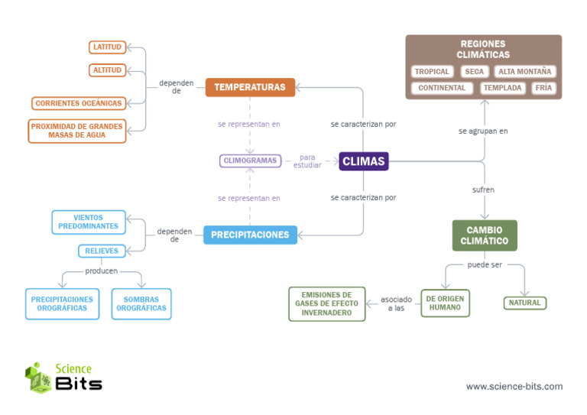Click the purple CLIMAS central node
[x=364, y=161]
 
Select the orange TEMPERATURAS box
[x=249, y=87]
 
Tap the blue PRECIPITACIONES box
[x=249, y=235]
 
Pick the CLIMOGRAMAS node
[x=249, y=161]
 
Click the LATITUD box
[x=107, y=47]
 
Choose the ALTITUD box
[x=107, y=70]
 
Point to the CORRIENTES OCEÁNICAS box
[x=78, y=103]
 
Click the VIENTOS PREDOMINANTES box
[x=88, y=222]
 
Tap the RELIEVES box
[x=102, y=251]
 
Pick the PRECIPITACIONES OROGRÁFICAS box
[x=62, y=303]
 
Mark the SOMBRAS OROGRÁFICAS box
[x=141, y=303]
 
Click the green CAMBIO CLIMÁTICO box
[x=485, y=235]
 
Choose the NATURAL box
[x=524, y=303]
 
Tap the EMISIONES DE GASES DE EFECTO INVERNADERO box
[x=326, y=303]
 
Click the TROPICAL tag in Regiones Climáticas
[x=432, y=72]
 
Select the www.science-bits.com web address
[x=514, y=387]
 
